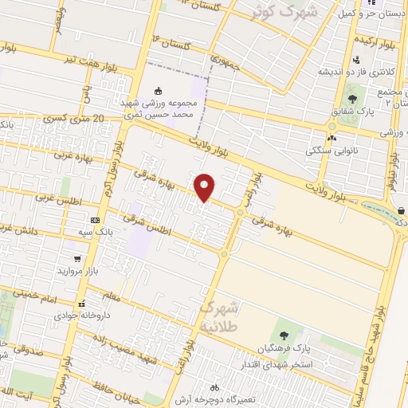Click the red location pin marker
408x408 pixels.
coord(205,186)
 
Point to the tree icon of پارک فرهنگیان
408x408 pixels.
coord(284,335)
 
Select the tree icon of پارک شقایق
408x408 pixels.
coord(351,100)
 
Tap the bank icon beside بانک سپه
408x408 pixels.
coord(96,220)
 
